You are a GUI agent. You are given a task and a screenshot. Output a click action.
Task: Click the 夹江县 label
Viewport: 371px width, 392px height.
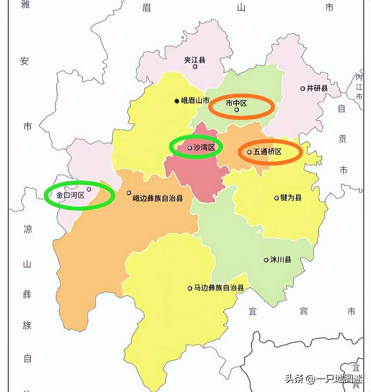point(195,60)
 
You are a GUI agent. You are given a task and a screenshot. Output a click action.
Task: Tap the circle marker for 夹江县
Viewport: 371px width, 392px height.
point(195,67)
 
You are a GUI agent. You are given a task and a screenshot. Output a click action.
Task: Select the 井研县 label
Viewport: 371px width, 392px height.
point(317,88)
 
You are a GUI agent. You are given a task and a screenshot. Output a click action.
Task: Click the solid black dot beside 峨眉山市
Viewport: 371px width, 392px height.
point(177,101)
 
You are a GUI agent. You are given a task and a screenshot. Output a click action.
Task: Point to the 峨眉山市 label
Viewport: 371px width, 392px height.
point(195,101)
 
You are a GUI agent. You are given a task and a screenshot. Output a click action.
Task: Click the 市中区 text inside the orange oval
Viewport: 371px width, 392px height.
point(236,103)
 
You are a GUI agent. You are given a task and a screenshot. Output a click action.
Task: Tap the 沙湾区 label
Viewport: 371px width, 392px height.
point(204,147)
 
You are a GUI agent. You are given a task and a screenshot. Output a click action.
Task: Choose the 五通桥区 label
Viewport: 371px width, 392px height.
point(268,152)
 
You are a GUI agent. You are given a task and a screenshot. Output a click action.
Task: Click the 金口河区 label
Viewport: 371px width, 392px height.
point(70,195)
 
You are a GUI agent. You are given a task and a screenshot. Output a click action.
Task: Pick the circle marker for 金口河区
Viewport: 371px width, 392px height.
point(89,189)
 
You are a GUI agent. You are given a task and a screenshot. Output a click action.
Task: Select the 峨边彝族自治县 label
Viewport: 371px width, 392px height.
point(158,198)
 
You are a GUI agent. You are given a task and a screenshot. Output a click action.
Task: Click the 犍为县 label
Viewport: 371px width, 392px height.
point(291,198)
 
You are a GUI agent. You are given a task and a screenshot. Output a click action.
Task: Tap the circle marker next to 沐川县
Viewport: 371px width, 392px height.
point(266,260)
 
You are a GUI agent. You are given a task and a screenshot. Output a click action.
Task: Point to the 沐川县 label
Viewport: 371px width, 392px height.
point(280,259)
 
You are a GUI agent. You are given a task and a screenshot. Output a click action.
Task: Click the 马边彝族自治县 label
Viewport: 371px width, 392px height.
point(219,288)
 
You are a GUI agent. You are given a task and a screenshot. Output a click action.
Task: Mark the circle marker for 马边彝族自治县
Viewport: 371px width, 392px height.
point(190,288)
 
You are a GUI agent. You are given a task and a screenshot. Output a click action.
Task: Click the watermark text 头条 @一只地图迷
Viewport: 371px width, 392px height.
point(323,379)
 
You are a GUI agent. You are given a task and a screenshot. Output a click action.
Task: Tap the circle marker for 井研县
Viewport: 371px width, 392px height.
point(303,88)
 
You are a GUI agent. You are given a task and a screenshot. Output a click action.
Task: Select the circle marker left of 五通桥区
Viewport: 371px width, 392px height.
point(249,152)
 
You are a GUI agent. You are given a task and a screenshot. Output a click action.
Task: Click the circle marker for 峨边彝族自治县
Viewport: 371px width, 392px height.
point(129,193)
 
